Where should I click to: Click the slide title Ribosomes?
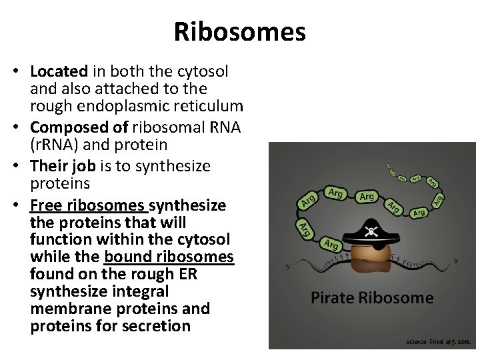(x=239, y=32)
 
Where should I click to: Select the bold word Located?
(x=59, y=71)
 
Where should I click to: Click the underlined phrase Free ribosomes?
(x=87, y=205)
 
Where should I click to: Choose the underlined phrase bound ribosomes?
(x=169, y=257)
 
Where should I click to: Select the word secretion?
(x=155, y=326)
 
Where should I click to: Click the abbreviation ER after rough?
(x=187, y=274)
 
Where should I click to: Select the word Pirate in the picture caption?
(x=336, y=297)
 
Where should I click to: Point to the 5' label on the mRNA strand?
(x=287, y=267)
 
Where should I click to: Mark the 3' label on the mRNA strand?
(x=455, y=261)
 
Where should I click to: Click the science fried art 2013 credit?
(x=439, y=341)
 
